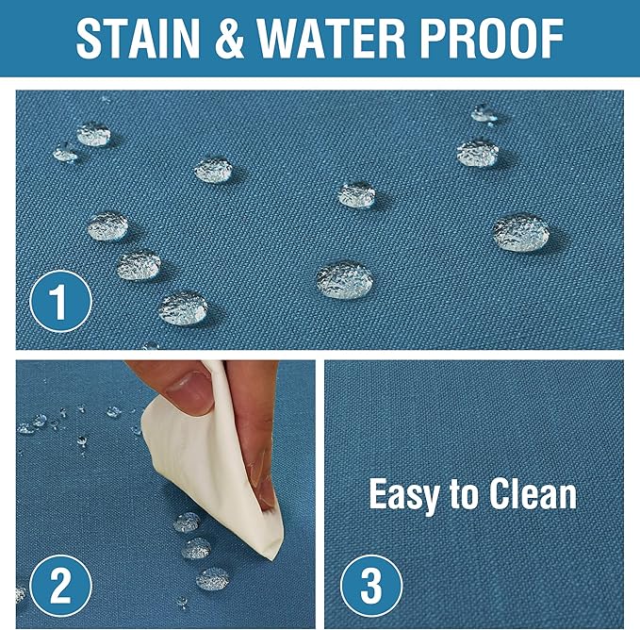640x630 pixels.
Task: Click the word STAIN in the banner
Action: pos(138,39)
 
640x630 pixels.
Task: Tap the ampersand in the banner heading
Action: pos(228,39)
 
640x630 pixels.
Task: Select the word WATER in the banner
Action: pos(332,39)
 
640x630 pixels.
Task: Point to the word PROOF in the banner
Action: pos(492,39)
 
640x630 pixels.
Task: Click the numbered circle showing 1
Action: pos(61,301)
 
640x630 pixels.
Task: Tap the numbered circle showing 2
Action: pos(61,586)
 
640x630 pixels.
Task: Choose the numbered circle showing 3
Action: pos(371,586)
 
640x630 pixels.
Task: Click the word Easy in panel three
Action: pos(402,495)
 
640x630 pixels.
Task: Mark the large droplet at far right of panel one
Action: pos(521,232)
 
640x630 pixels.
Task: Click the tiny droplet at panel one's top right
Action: pos(484,113)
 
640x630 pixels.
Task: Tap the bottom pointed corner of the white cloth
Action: pos(272,557)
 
